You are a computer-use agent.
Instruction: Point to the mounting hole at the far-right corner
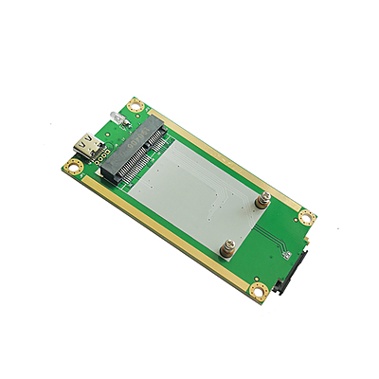pos(306,217)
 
